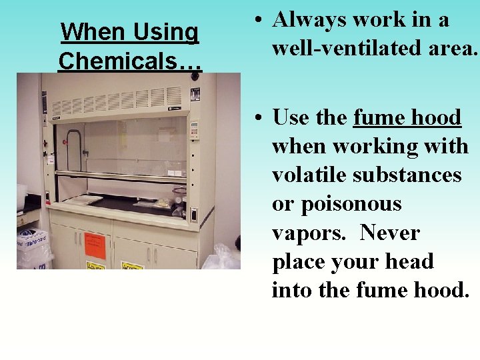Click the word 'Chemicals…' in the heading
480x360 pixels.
click(129, 60)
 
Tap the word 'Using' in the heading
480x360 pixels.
click(167, 31)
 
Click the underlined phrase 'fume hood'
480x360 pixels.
click(407, 117)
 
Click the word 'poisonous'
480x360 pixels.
click(337, 204)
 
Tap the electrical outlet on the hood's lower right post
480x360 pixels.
click(194, 215)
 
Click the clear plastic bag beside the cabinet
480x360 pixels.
click(220, 257)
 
